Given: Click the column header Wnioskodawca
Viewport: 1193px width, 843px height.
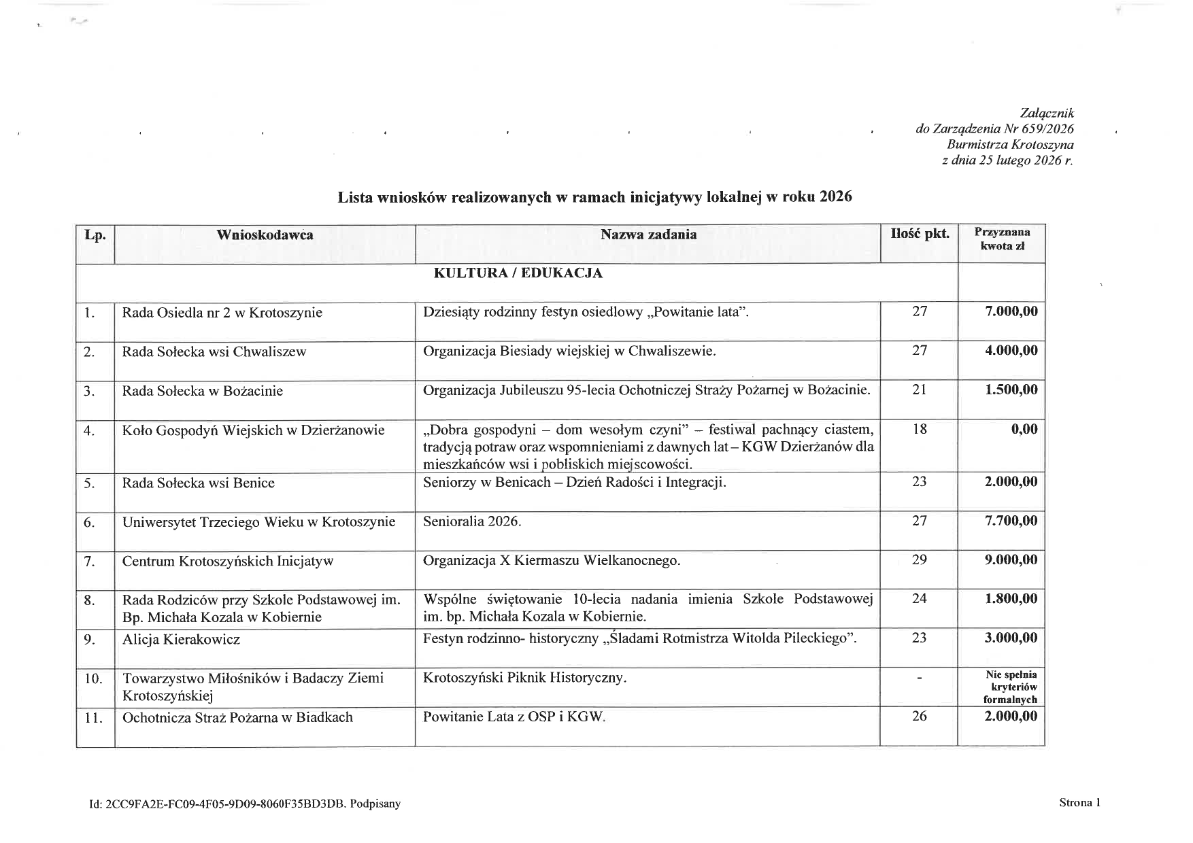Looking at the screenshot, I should pos(265,235).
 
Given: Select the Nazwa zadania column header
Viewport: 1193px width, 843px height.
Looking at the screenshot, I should pos(648,235).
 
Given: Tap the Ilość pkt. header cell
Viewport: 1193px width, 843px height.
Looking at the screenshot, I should pos(920,234).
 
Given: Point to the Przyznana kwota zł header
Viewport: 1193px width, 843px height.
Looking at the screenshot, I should pos(1002,239).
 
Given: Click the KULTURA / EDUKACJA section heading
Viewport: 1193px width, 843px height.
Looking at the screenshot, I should pos(518,273).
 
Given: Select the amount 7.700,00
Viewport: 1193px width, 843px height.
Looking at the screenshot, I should pos(1011,521).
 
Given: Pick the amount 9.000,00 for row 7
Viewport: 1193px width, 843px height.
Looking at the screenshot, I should pos(1011,560).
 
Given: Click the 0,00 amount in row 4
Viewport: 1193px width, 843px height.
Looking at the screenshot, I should pos(1024,429).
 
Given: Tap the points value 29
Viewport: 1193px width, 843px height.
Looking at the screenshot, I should pos(920,560).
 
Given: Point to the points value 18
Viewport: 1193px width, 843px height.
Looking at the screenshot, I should pos(920,429).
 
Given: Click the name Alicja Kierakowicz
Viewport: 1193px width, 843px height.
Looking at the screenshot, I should pos(181,640).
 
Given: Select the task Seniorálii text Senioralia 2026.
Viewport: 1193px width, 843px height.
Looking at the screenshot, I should pos(472,521).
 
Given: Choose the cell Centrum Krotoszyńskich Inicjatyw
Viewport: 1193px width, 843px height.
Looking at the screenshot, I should pos(228,562).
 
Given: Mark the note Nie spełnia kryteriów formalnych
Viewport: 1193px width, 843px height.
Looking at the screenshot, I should pos(1011,687).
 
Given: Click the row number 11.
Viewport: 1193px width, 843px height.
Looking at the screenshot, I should pos(94,718).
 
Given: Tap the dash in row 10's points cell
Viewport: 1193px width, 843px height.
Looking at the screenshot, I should pos(920,678).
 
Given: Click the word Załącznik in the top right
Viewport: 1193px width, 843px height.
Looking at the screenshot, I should pos(1047,114).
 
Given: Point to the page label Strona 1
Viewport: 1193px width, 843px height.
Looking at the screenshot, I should pos(1079,803).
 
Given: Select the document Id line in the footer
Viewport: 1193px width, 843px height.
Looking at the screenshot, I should pos(245,804).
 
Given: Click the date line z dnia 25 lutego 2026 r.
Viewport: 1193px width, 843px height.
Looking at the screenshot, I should pos(1007,161).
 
